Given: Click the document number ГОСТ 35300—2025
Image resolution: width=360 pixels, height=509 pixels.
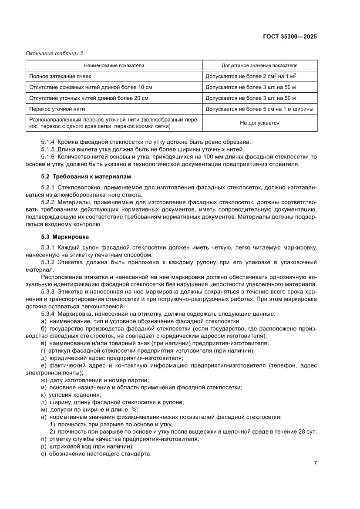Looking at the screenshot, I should (289, 37).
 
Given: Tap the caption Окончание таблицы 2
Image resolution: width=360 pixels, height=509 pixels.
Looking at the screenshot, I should (55, 53).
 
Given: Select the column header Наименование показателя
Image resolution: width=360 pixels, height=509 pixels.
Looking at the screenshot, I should (114, 65).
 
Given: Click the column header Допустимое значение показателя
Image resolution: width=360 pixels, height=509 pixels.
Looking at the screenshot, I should (259, 65).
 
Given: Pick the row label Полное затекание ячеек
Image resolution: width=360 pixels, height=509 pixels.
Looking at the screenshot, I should (60, 76).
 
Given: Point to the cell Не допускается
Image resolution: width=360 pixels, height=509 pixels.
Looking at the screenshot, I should (259, 123).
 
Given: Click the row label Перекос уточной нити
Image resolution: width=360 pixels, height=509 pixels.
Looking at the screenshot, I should (57, 108).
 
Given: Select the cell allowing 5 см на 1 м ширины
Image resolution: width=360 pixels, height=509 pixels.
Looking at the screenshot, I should (259, 108).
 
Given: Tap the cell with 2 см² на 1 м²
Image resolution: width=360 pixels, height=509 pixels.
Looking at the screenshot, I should (253, 76).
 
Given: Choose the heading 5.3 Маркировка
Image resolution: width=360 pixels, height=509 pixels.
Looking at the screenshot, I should (64, 237).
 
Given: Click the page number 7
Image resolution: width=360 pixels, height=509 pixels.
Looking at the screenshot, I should (315, 463).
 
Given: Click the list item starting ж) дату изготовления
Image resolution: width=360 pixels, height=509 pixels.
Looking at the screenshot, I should (94, 380).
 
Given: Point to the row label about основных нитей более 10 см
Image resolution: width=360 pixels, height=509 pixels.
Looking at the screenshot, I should (91, 87).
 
